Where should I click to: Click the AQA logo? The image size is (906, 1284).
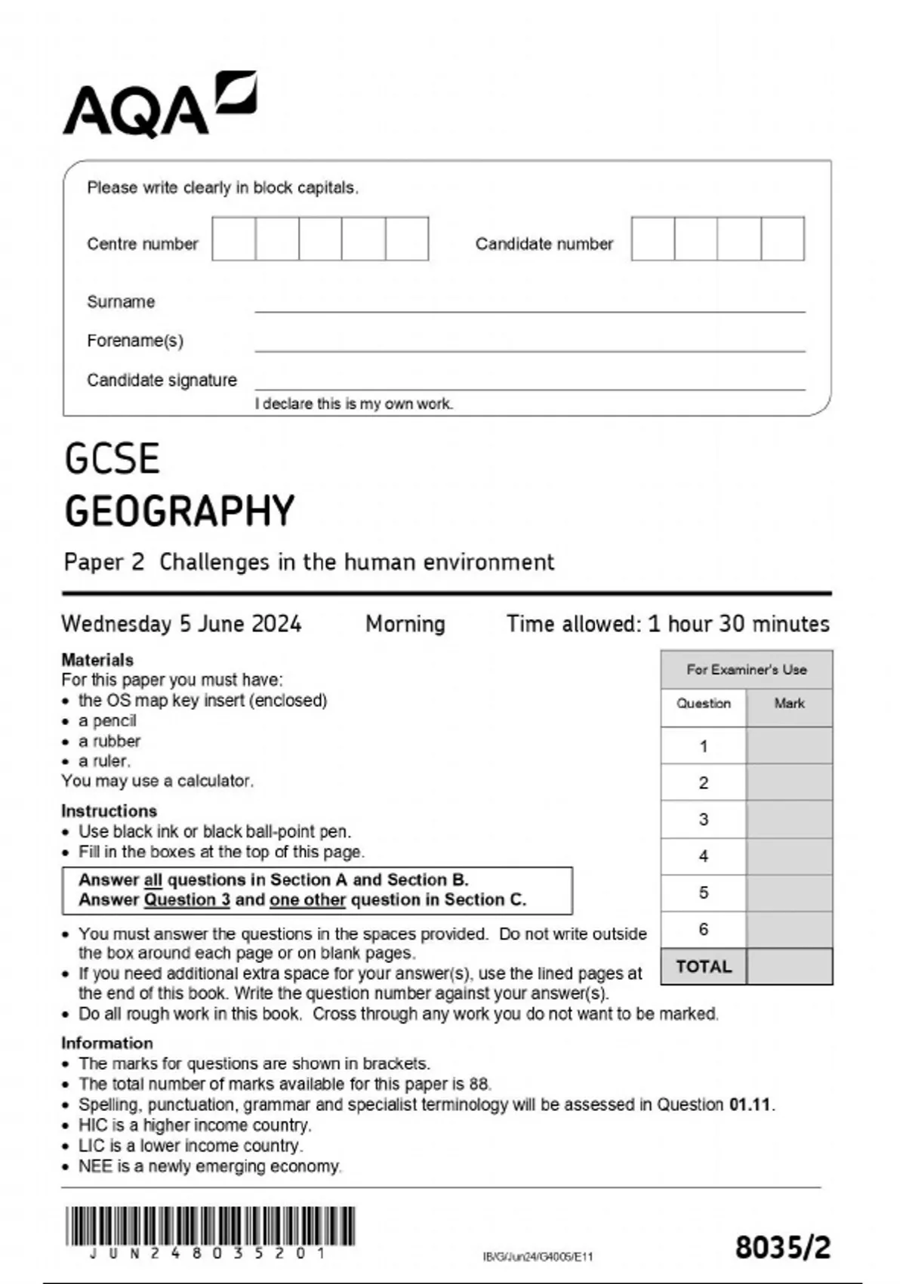pyautogui.click(x=160, y=105)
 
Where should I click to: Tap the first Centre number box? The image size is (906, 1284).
pyautogui.click(x=234, y=239)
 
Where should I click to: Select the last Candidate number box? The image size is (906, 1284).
pyautogui.click(x=783, y=239)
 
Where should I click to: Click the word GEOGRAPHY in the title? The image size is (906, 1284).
pyautogui.click(x=180, y=511)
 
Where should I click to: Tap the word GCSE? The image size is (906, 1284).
pyautogui.click(x=112, y=459)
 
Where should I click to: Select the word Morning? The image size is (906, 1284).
pyautogui.click(x=405, y=624)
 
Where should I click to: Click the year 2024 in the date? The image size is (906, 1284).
pyautogui.click(x=276, y=624)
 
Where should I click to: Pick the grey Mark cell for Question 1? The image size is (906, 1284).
pyautogui.click(x=789, y=746)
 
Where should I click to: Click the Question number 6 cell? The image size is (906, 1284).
pyautogui.click(x=704, y=930)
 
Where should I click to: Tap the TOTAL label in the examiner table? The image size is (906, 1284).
pyautogui.click(x=704, y=967)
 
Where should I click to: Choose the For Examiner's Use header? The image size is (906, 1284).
pyautogui.click(x=747, y=670)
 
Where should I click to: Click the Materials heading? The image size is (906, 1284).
pyautogui.click(x=97, y=660)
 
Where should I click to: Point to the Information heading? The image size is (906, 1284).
pyautogui.click(x=107, y=1043)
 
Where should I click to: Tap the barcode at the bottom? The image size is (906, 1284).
pyautogui.click(x=210, y=1227)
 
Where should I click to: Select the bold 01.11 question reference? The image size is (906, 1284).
pyautogui.click(x=750, y=1105)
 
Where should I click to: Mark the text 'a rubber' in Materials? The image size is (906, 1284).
pyautogui.click(x=109, y=741)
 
